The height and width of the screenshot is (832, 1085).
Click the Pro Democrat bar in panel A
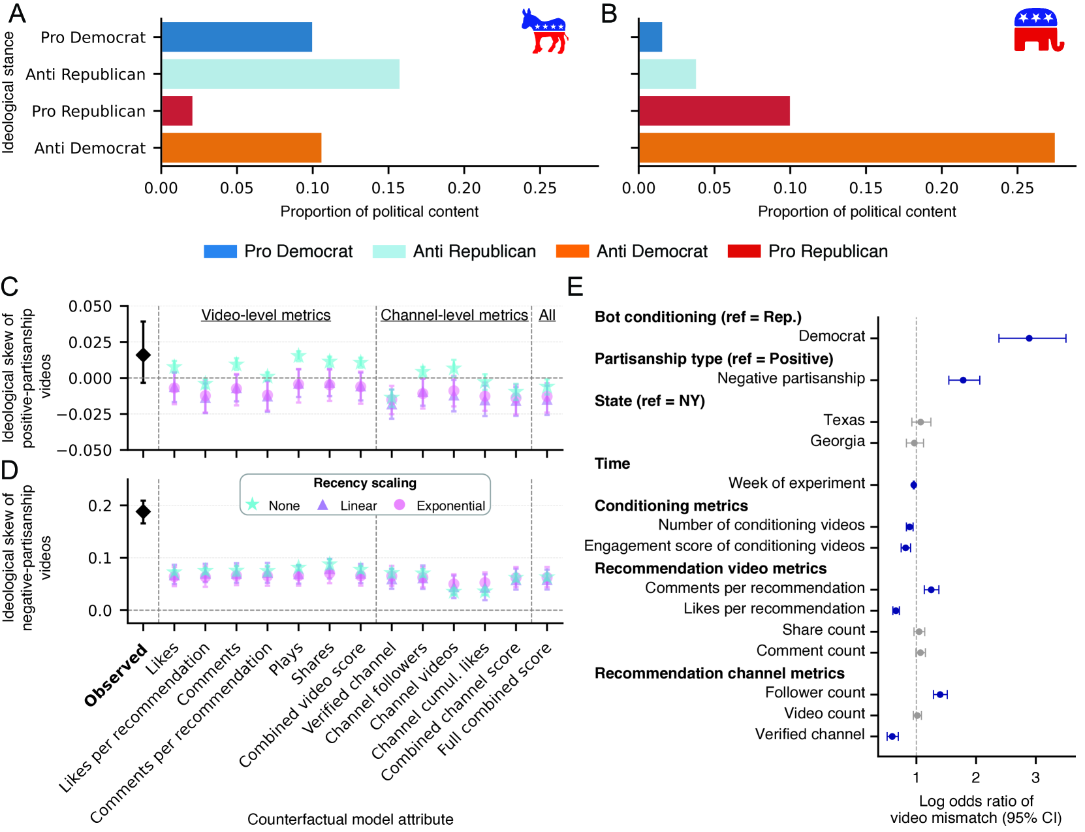(x=236, y=37)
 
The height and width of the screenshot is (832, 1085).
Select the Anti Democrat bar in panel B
(x=846, y=148)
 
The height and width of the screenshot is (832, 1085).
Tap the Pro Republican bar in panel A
(x=177, y=111)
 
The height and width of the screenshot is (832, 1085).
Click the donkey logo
(x=544, y=31)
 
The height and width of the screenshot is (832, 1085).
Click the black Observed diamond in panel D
(x=144, y=511)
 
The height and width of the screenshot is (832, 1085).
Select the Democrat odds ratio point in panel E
(x=1029, y=338)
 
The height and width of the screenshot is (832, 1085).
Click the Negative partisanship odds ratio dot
(x=963, y=380)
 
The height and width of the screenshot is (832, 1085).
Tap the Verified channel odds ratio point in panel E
(x=892, y=737)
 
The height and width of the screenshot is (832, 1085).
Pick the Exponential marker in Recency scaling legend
(x=400, y=505)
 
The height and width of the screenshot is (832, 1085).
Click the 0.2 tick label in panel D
(x=100, y=506)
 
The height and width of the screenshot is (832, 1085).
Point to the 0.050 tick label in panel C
(x=90, y=307)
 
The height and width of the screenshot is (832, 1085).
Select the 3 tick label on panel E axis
(x=1035, y=777)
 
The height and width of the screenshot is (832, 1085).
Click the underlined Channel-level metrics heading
(x=454, y=315)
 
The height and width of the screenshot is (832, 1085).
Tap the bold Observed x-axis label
(x=116, y=675)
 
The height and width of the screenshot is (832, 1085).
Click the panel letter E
(x=575, y=287)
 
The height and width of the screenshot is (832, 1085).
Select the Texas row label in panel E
(x=843, y=420)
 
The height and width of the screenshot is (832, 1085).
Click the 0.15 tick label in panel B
(x=866, y=189)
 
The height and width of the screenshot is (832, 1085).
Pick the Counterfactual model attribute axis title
(x=350, y=820)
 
